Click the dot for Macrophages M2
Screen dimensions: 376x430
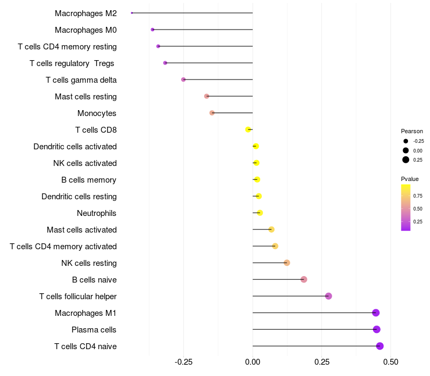132,13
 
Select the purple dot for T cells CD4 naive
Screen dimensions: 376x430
380,346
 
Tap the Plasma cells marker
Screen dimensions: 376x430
377,329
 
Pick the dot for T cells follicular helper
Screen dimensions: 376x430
328,296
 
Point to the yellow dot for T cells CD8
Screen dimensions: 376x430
248,129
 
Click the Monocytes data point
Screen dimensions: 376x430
212,113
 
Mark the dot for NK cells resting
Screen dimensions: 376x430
287,263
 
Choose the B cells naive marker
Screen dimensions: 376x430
304,279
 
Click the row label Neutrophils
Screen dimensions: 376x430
97,213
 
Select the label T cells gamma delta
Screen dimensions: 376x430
81,80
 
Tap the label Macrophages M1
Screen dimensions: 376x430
85,313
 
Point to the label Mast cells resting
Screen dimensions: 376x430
85,97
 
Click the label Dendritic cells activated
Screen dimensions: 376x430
75,147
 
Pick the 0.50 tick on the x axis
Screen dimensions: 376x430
391,363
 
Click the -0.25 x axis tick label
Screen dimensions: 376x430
183,363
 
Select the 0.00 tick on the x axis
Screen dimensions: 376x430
253,363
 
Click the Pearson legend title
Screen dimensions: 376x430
412,131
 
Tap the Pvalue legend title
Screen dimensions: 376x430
410,179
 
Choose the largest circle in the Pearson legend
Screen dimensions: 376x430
406,160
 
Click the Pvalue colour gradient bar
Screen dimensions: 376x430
406,207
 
